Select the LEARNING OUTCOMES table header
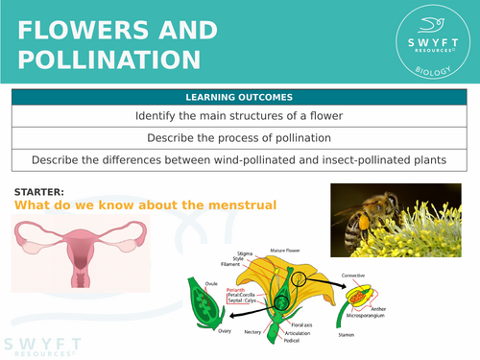pos(240,97)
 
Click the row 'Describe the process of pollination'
pos(240,137)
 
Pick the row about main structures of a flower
pos(240,116)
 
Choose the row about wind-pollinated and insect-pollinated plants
pos(240,158)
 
